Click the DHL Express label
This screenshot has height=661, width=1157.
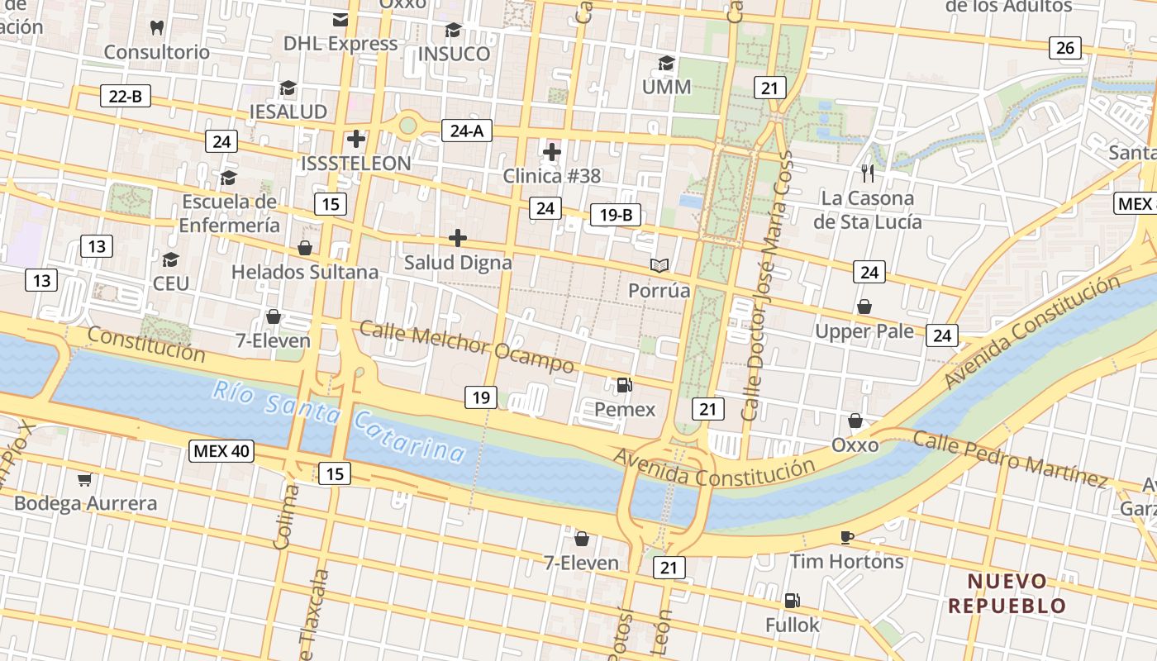click(340, 43)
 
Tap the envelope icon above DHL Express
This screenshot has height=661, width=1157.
click(340, 19)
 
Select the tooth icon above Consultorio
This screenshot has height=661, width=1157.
click(156, 27)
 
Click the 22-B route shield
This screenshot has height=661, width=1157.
click(126, 96)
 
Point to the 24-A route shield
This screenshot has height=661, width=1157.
click(467, 130)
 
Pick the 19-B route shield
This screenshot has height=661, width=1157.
click(616, 216)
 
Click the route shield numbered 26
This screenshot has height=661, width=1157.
click(1065, 48)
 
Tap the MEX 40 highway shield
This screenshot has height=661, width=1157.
click(221, 451)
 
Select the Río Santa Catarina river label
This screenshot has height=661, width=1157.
click(339, 421)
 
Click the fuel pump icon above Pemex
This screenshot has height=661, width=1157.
click(624, 384)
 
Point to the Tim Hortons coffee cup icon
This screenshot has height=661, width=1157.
click(846, 537)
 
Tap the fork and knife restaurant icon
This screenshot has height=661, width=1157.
click(867, 174)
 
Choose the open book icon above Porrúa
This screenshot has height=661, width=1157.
click(659, 265)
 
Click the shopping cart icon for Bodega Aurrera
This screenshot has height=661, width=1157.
click(84, 479)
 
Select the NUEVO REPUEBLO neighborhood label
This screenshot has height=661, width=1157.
click(1007, 593)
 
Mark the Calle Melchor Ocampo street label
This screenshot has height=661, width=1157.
click(467, 347)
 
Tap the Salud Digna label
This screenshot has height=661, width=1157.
click(458, 263)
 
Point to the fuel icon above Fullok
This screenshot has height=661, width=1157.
click(792, 600)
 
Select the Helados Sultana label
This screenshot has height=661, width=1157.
click(305, 272)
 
